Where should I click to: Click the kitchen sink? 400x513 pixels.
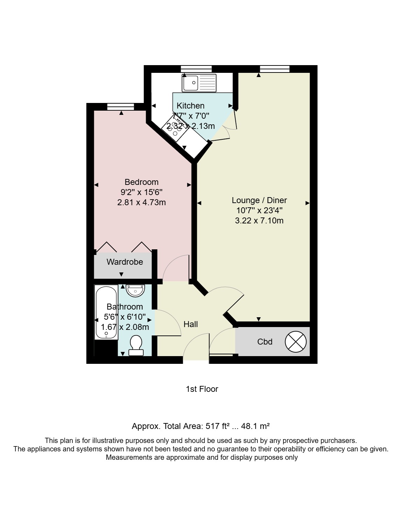pos(199,83)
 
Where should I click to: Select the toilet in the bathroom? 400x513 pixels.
pos(136,345)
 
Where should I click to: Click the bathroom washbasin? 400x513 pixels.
pos(135,290)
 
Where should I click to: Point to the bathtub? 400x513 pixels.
pos(106,312)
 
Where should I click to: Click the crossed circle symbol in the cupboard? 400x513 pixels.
pos(296,342)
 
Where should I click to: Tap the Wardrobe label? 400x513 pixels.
pos(125,262)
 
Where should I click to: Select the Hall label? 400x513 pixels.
pos(191,324)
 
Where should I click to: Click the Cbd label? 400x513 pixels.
pos(265,342)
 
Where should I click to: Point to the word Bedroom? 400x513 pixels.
pos(142,182)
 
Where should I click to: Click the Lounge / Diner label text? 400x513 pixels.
pos(259,200)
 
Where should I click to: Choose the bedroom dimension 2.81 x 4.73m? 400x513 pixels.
pos(142,202)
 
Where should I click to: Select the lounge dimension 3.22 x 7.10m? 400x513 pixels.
pos(259,221)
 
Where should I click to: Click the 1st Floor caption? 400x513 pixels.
pos(202,389)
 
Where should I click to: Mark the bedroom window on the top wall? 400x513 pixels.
pos(120,107)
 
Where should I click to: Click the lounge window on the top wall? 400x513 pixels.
pos(275,69)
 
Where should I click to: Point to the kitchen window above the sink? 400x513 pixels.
pos(196,69)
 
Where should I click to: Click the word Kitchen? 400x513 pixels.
pos(190,105)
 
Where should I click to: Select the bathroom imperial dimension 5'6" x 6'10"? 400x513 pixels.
pos(125,317)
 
